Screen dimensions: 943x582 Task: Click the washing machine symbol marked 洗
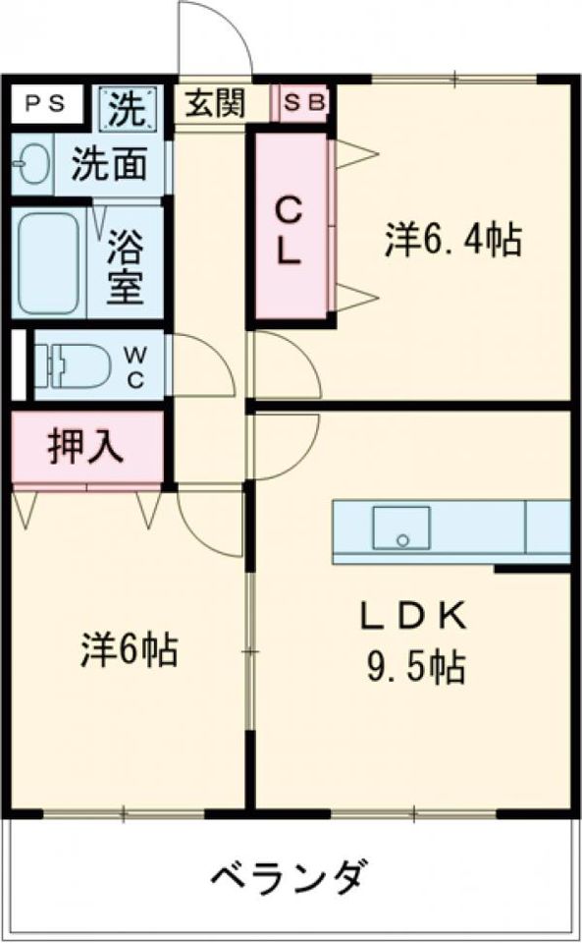[x=128, y=106]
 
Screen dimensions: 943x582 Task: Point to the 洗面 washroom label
[x=108, y=164]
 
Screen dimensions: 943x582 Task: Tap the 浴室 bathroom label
[x=127, y=263]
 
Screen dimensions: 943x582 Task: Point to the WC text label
[x=137, y=366]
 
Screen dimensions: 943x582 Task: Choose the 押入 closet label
[x=86, y=448]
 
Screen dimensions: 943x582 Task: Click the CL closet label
[x=288, y=229]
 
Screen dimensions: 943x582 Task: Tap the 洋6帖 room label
[x=129, y=650]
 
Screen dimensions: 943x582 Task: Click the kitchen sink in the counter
[x=400, y=529]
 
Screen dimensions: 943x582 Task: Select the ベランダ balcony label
[x=291, y=873]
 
